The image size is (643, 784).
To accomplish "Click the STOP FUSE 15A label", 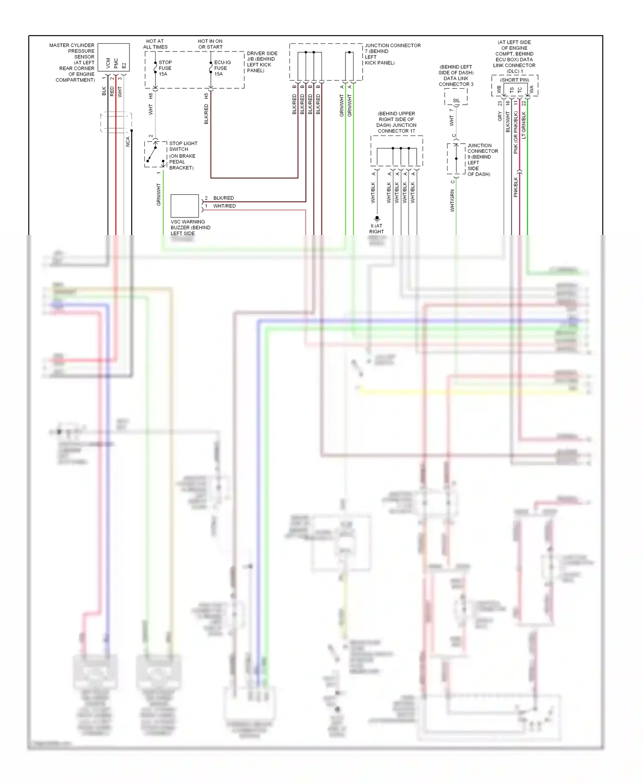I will pyautogui.click(x=165, y=68).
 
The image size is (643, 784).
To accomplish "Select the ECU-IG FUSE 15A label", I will pyautogui.click(x=222, y=68).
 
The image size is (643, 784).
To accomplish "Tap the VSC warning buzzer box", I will pyautogui.click(x=185, y=206).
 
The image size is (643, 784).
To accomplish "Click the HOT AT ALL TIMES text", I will pyautogui.click(x=155, y=44).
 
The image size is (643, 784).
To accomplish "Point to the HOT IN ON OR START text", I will pyautogui.click(x=210, y=44).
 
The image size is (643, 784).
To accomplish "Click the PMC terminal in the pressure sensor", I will pyautogui.click(x=116, y=63).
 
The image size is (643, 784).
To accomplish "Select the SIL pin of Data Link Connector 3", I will pyautogui.click(x=456, y=101).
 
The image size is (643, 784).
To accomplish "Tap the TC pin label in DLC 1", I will pyautogui.click(x=520, y=90).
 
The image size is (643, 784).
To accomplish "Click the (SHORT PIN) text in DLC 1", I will pyautogui.click(x=514, y=80).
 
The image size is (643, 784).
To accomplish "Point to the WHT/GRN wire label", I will pyautogui.click(x=452, y=201).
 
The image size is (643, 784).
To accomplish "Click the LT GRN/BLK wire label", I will pyautogui.click(x=524, y=125).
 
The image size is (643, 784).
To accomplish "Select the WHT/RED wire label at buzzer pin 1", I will pyautogui.click(x=224, y=206).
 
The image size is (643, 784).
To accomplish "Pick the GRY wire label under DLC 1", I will pyautogui.click(x=500, y=116).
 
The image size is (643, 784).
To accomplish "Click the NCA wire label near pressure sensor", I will pyautogui.click(x=128, y=142).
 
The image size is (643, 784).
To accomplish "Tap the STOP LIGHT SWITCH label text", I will pyautogui.click(x=183, y=146).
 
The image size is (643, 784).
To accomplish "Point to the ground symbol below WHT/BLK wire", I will pyautogui.click(x=377, y=218).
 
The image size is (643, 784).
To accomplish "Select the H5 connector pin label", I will pyautogui.click(x=206, y=96).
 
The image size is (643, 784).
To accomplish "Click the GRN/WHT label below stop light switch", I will pyautogui.click(x=159, y=194).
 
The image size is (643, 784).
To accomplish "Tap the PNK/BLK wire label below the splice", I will pyautogui.click(x=516, y=187).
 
